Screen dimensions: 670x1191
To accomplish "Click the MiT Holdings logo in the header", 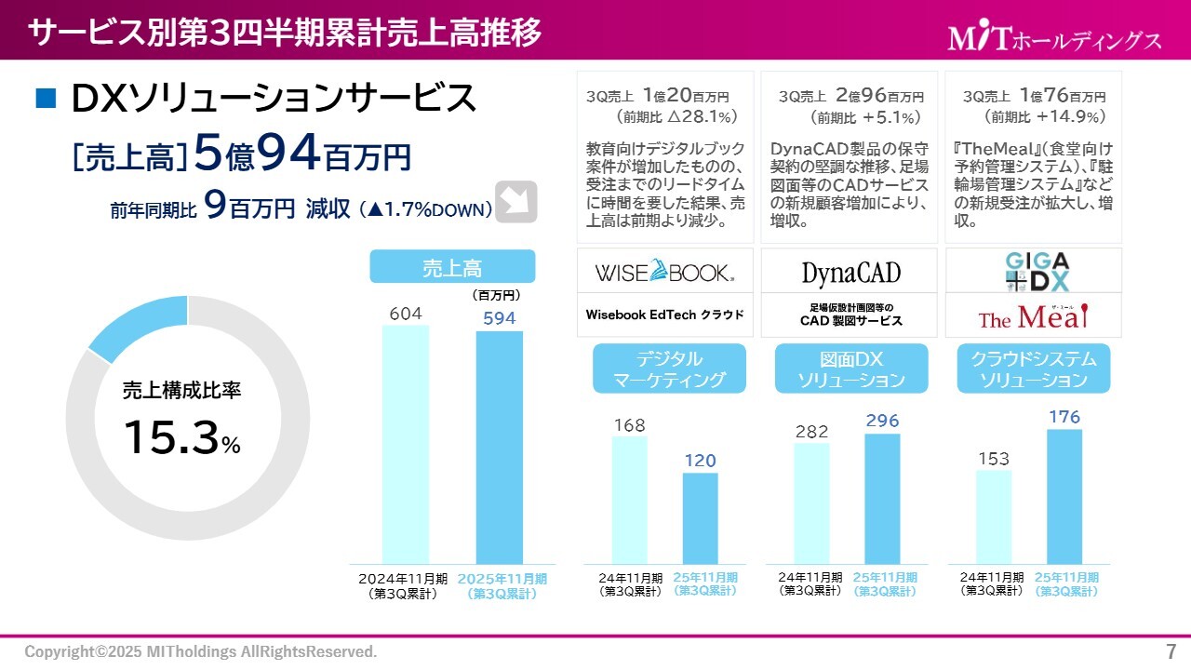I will pos(1054,38).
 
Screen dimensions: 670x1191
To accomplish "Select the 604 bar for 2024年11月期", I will pos(406,443).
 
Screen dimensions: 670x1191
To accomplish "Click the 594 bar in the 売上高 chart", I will pos(499,447).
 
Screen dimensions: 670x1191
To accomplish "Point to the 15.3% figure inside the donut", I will pos(181,438).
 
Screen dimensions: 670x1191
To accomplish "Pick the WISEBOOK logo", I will pos(664,273).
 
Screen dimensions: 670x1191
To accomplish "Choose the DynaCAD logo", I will pos(851,273).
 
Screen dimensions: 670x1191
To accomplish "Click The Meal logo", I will pos(1033,317).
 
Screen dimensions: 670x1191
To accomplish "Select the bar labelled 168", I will pos(630,500).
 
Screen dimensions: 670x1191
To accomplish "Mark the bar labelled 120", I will pos(701,517).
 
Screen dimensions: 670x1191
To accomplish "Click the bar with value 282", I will pos(812,502).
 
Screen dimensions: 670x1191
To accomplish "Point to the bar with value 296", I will pos(882,498).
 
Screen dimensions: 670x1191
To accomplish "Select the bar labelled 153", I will pos(994,516).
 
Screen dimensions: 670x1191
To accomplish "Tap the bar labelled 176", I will pos(1064,495).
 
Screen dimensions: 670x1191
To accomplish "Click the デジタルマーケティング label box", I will pos(669,369).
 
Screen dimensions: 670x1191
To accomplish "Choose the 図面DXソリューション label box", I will pos(851,369).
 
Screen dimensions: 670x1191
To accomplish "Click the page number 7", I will pos(1171,650).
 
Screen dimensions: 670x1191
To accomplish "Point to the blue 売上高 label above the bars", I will pos(452,267).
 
